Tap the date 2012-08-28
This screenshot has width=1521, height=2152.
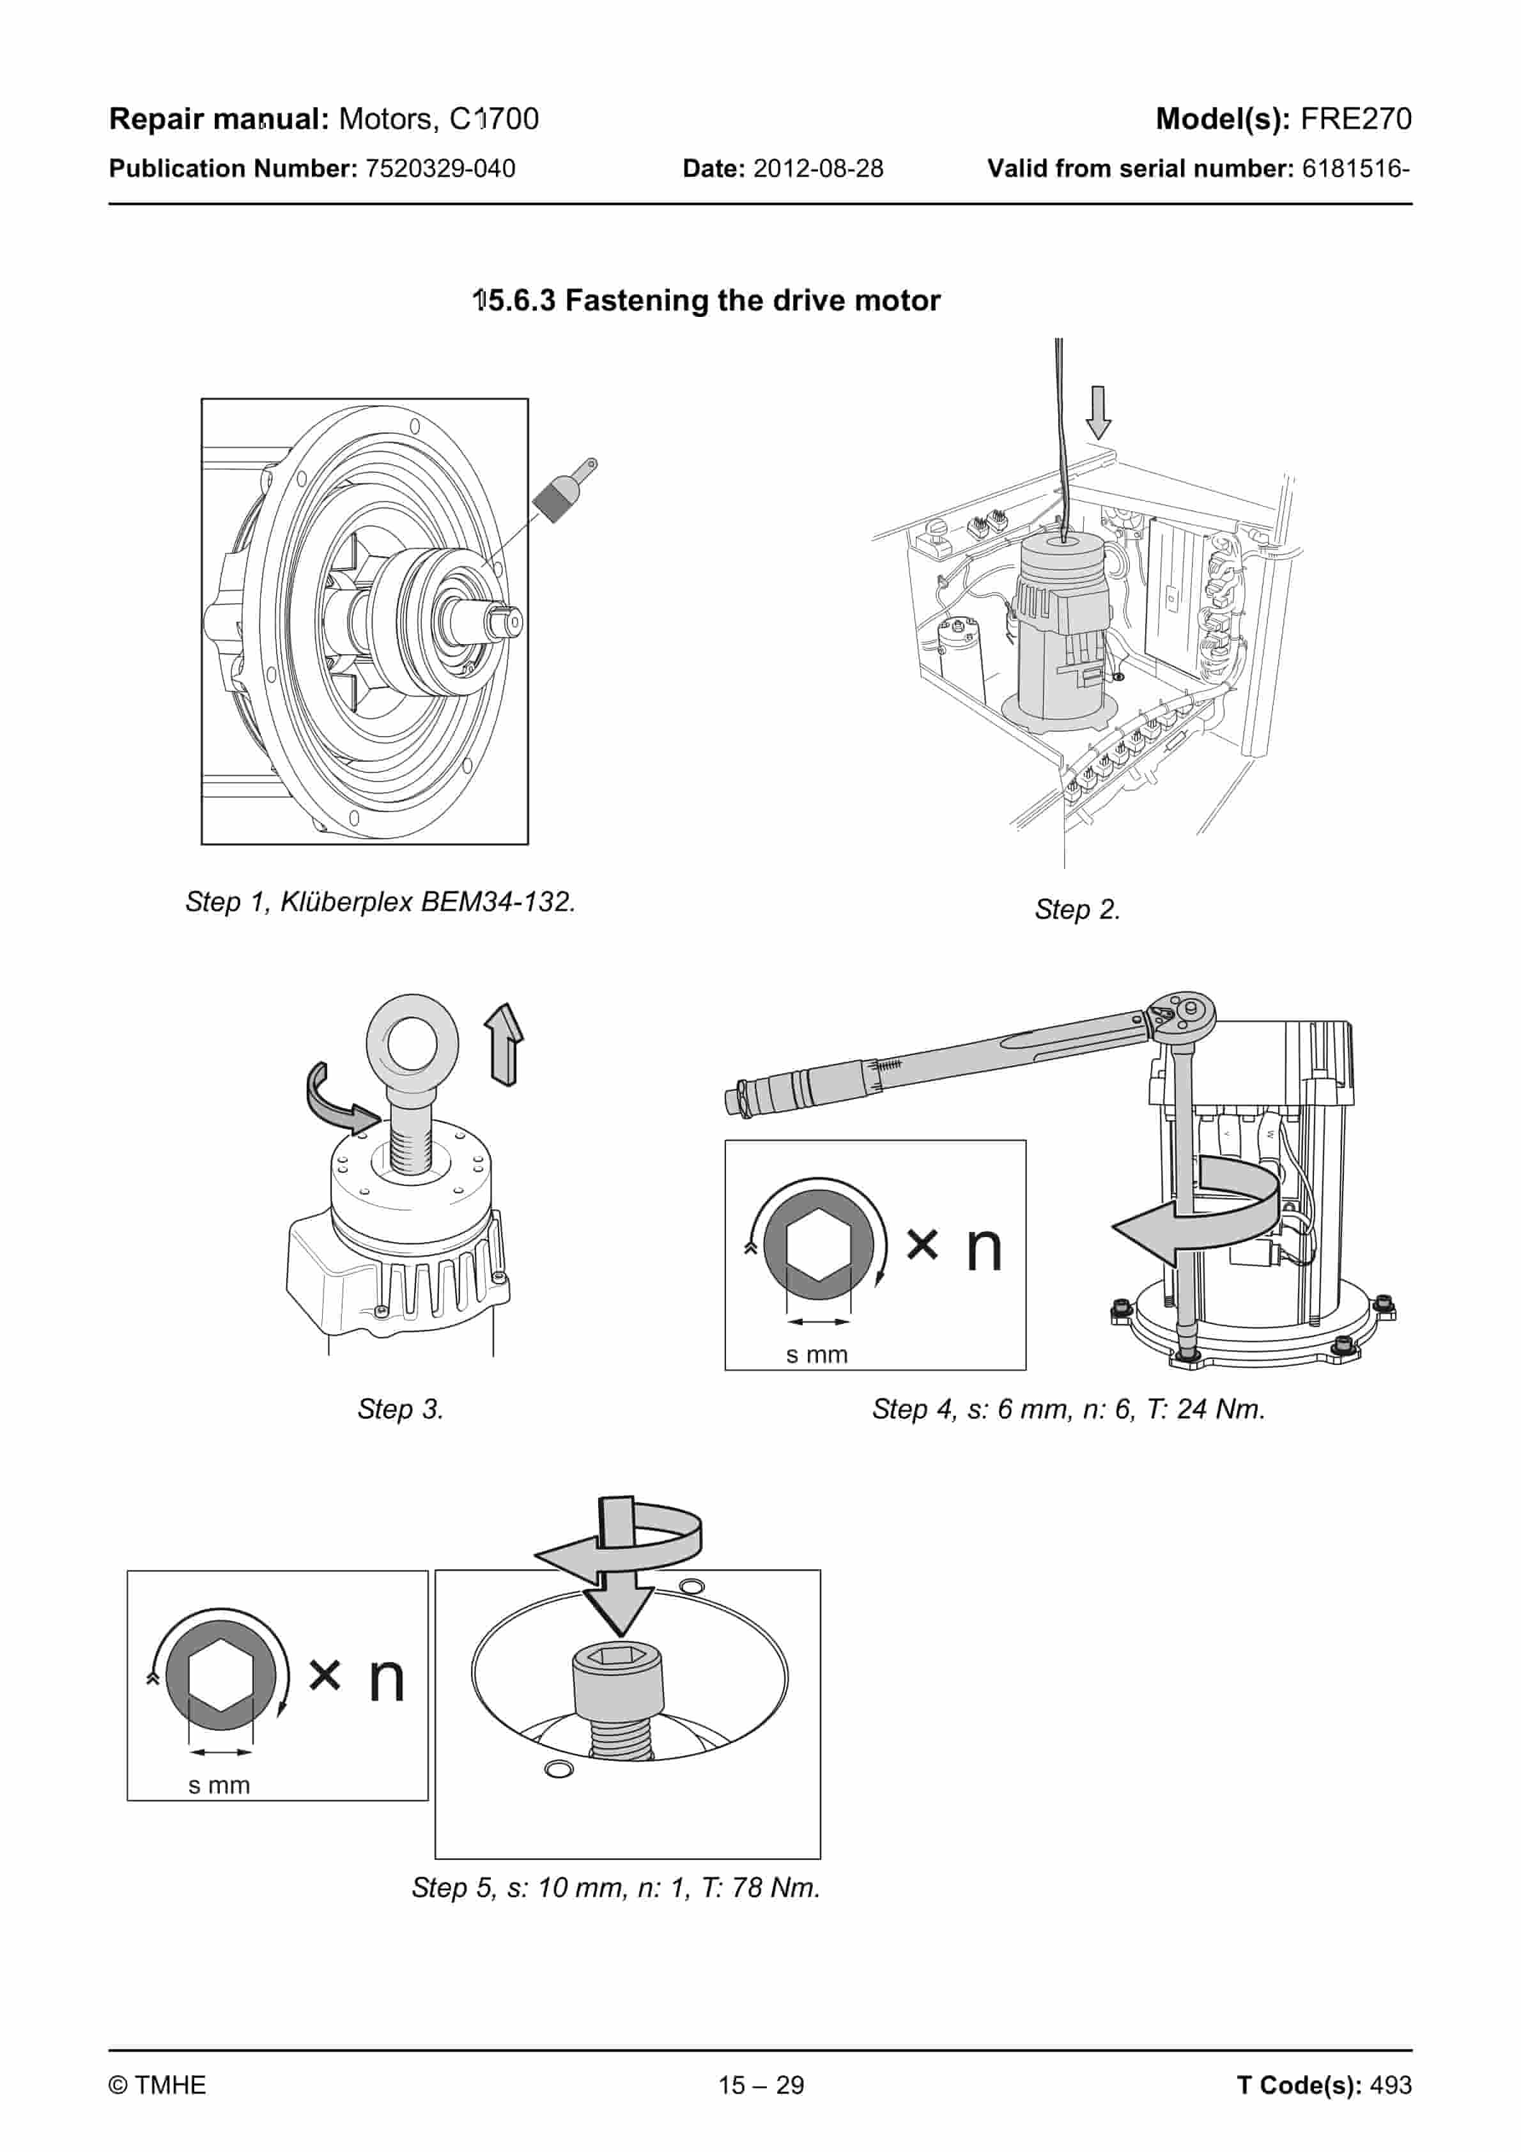pyautogui.click(x=818, y=169)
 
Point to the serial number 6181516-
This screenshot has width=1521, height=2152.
pyautogui.click(x=1356, y=169)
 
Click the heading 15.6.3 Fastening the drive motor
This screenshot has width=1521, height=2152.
pyautogui.click(x=706, y=301)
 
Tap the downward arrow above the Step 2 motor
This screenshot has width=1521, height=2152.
pyautogui.click(x=1098, y=412)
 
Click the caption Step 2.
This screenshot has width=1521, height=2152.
pyautogui.click(x=1077, y=909)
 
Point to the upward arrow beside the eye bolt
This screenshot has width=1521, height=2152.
pyautogui.click(x=504, y=1044)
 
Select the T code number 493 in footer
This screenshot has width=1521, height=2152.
pyautogui.click(x=1391, y=2086)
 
